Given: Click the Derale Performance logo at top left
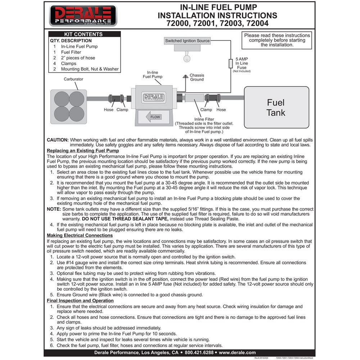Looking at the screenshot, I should coord(83,15).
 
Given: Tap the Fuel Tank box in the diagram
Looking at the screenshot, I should coord(276,107).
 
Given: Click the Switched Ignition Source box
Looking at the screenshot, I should coord(187,41).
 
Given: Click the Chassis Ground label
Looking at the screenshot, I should coord(197,77).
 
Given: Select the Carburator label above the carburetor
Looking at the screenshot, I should coord(73,79).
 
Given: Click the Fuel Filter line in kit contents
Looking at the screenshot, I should coord(71,52).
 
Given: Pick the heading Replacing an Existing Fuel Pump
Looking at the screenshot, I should coord(83,151).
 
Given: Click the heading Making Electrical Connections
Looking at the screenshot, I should coord(80,235).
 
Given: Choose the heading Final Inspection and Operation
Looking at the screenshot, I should coord(80,301).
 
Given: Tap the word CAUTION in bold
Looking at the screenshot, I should coord(58,140).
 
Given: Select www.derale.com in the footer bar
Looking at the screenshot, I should coord(237,353).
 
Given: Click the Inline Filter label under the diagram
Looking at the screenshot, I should coord(204,119).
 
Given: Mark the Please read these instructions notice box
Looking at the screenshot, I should coord(277,40).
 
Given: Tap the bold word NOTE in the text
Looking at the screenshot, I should coord(54,209).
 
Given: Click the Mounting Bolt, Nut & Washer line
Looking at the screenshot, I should coord(90,69).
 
